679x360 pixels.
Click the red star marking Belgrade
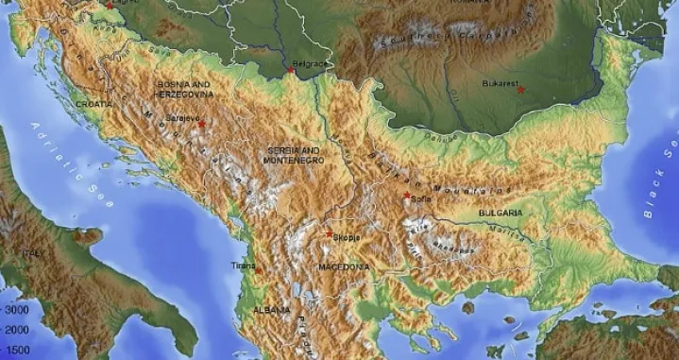291,70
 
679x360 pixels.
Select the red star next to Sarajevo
201,124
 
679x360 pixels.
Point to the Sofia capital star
407,196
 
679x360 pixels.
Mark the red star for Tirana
256,268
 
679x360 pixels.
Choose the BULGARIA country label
501,214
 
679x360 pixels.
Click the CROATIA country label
94,103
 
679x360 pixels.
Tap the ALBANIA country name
271,310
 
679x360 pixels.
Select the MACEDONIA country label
344,267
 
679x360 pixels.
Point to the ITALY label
34,253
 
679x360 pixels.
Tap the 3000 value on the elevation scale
18,309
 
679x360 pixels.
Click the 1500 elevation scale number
18,351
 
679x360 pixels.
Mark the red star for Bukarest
520,90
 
